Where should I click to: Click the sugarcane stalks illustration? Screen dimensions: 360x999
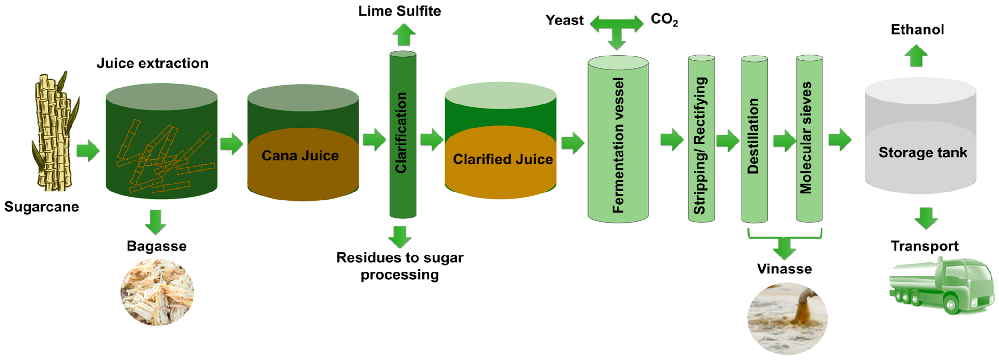point(54,132)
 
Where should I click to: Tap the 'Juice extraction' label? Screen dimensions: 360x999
point(152,63)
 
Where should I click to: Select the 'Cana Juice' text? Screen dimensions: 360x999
point(300,156)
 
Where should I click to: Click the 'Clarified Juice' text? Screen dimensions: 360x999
point(503,159)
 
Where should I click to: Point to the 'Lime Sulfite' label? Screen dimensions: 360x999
point(399,11)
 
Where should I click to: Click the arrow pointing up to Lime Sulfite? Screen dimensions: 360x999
point(404,35)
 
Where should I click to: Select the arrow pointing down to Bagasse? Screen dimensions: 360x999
point(156,222)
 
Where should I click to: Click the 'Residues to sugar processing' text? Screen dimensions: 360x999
point(400,266)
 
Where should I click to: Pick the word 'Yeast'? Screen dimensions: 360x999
point(564,20)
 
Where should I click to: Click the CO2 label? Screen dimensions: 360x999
point(664,19)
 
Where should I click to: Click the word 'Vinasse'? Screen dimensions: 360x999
point(784,269)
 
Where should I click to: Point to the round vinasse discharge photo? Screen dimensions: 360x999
point(787,318)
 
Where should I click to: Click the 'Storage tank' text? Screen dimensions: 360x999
point(923,152)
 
